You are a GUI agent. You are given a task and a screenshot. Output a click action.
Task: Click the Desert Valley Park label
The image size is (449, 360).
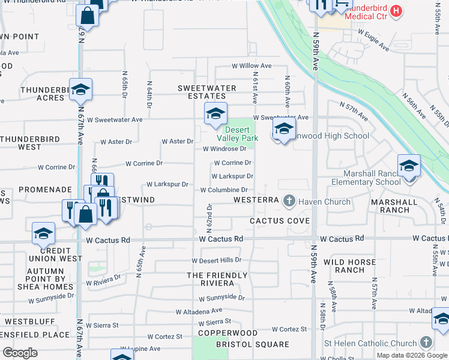pyautogui.click(x=241, y=134)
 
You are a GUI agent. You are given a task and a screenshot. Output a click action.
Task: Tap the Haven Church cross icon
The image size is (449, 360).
pyautogui.click(x=289, y=201)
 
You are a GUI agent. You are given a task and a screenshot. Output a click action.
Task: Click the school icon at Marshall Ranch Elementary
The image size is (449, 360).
pyautogui.click(x=409, y=166)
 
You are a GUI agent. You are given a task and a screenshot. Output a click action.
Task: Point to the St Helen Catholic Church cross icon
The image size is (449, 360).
pyautogui.click(x=426, y=343)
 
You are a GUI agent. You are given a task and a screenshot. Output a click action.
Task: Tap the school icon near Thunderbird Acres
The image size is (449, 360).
pyautogui.click(x=80, y=90)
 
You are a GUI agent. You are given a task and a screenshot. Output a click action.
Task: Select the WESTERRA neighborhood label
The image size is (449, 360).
pyautogui.click(x=256, y=199)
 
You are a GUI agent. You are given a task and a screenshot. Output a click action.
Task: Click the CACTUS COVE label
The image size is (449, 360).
pyautogui.click(x=280, y=221)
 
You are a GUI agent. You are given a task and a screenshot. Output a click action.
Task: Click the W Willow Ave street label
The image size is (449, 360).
pyautogui.click(x=252, y=66)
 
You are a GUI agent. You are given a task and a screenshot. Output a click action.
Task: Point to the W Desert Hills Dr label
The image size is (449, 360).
pyautogui.click(x=216, y=260)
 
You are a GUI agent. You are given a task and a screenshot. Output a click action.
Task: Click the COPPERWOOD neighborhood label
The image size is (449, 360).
pyautogui.click(x=219, y=332)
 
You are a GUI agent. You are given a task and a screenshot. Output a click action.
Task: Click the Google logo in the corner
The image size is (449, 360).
pyautogui.click(x=20, y=353)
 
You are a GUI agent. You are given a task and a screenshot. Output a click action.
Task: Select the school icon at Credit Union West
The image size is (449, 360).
pyautogui.click(x=44, y=234)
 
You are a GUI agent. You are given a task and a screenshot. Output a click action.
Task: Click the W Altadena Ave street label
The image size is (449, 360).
pyautogui.click(x=199, y=311)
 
